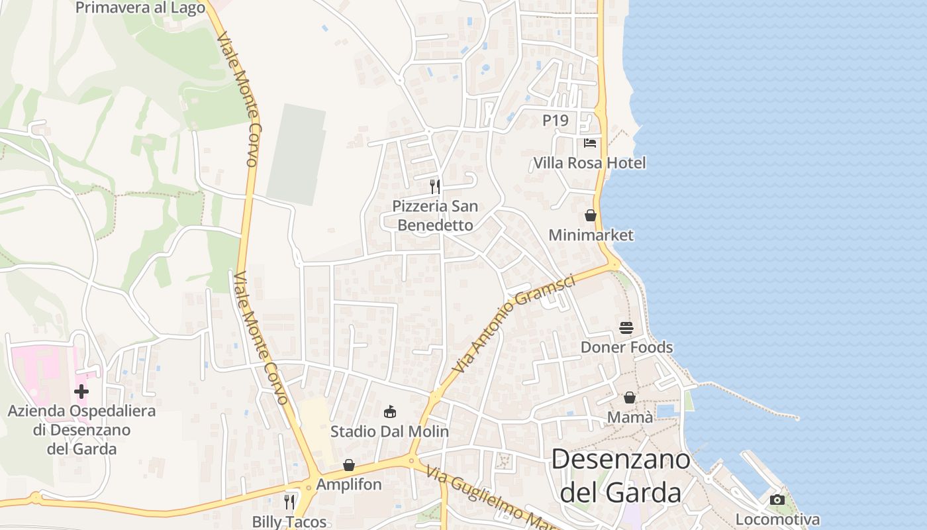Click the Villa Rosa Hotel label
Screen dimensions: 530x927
click(589, 163)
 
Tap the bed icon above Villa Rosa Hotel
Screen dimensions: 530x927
click(590, 142)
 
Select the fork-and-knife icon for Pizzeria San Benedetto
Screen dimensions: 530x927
click(435, 186)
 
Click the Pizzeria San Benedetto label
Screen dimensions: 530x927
click(435, 215)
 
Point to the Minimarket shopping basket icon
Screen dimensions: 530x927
click(590, 215)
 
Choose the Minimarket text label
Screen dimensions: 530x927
click(591, 235)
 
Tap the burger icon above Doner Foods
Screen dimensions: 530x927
click(626, 327)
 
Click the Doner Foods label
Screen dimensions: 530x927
click(626, 347)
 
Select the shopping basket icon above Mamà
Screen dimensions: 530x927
click(630, 397)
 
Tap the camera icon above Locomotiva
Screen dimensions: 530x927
click(777, 500)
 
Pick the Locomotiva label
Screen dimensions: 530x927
click(777, 519)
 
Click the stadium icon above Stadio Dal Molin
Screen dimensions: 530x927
click(390, 412)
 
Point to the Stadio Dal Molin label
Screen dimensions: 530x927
click(389, 432)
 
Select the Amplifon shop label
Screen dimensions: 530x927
click(349, 484)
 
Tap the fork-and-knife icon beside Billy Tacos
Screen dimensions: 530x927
click(289, 502)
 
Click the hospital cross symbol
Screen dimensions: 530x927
click(81, 392)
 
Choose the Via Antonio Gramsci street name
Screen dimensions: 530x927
click(514, 323)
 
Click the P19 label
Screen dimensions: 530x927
click(556, 121)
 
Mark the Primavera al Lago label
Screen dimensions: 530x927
click(140, 7)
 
